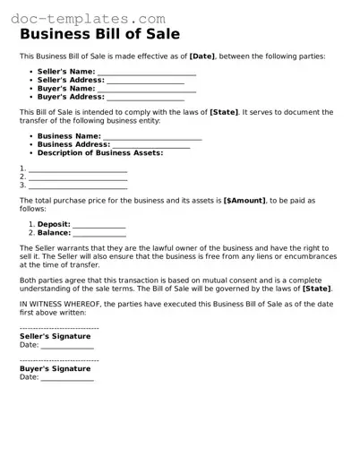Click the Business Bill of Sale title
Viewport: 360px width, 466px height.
[x=100, y=35]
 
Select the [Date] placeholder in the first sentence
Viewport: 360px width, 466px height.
[x=202, y=56]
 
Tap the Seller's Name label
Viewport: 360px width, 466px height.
[x=65, y=71]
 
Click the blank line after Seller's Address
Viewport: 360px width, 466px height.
[x=145, y=80]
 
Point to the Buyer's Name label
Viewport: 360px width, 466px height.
[x=65, y=88]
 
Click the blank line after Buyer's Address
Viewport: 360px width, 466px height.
[x=145, y=97]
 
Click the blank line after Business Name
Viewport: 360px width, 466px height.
[x=152, y=136]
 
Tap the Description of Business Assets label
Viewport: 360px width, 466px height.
[x=100, y=153]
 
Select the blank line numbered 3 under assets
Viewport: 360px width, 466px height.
[x=78, y=186]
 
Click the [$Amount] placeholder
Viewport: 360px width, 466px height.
[x=244, y=201]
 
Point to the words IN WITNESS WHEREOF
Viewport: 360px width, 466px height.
[x=59, y=304]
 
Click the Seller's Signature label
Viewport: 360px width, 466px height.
[x=55, y=336]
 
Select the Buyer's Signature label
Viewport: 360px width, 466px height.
[x=55, y=368]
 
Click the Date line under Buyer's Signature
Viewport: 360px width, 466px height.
[x=67, y=378]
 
